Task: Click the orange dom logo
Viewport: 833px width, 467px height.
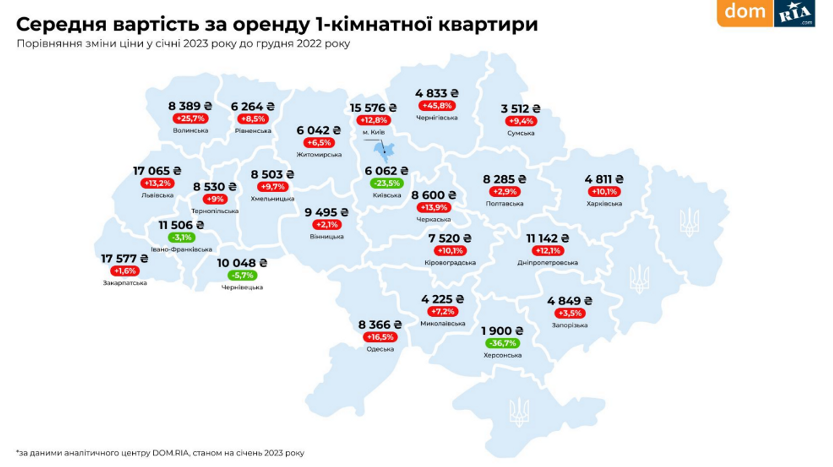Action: [x=744, y=12]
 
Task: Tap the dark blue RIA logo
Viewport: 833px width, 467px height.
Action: [x=794, y=13]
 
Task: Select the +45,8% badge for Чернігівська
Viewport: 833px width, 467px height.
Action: [x=437, y=106]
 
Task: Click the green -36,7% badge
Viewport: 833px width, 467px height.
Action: [x=503, y=343]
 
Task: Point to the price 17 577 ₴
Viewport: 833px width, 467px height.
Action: [x=124, y=259]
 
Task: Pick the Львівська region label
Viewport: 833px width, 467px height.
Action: [x=157, y=195]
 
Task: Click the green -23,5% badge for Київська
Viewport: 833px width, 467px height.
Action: [x=387, y=183]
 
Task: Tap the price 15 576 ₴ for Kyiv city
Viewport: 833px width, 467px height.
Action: [x=373, y=108]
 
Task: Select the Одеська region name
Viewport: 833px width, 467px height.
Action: [x=380, y=349]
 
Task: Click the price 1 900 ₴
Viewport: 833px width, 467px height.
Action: [x=502, y=331]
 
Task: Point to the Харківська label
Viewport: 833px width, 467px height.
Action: [x=604, y=204]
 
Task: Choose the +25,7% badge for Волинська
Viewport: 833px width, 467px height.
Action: [x=190, y=119]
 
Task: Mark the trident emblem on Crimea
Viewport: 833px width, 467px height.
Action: [x=518, y=412]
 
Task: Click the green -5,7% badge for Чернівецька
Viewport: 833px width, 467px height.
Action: [x=242, y=275]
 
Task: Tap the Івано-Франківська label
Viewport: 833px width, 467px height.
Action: [x=181, y=250]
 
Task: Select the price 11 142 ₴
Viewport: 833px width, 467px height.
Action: [x=547, y=238]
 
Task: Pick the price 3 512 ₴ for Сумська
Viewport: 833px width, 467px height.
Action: [x=520, y=109]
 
